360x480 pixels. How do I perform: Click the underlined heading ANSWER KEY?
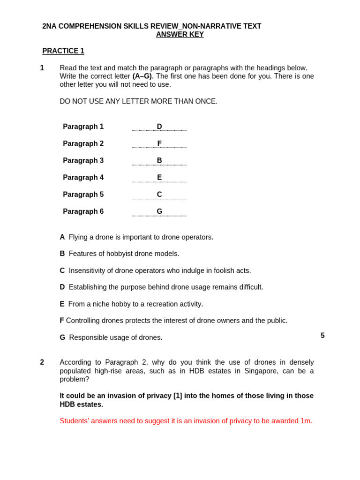[x=180, y=35]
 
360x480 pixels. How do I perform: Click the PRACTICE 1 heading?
[x=63, y=51]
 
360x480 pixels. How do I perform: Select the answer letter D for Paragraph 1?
[x=159, y=127]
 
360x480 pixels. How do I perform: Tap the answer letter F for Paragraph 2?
[x=159, y=143]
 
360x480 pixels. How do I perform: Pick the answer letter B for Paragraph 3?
[x=159, y=160]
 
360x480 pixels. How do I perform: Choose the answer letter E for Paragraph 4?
[x=159, y=178]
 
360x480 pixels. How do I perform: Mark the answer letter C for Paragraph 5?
[x=159, y=195]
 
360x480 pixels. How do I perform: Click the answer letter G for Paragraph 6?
[x=159, y=211]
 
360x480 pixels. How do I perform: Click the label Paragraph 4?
[x=83, y=178]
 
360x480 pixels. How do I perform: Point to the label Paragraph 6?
[x=83, y=211]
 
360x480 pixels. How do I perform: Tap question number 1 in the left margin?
[x=42, y=68]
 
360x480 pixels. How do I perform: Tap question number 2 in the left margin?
[x=42, y=362]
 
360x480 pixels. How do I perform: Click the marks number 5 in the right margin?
[x=322, y=336]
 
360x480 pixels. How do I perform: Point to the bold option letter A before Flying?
[x=62, y=237]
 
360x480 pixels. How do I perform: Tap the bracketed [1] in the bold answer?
[x=178, y=396]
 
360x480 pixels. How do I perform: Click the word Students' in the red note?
[x=74, y=421]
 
